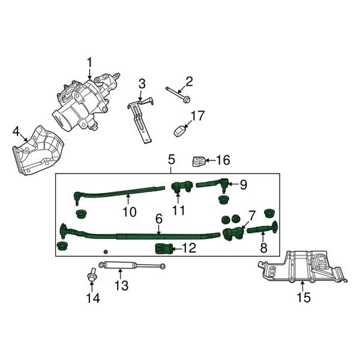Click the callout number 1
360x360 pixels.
click(90, 62)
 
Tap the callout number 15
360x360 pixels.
click(304, 296)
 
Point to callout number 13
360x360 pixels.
click(121, 286)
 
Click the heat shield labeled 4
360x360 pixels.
click(37, 153)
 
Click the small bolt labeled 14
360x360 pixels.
click(92, 277)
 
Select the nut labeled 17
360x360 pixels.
click(179, 130)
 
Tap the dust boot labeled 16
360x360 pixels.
click(197, 161)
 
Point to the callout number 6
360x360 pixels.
click(159, 220)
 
